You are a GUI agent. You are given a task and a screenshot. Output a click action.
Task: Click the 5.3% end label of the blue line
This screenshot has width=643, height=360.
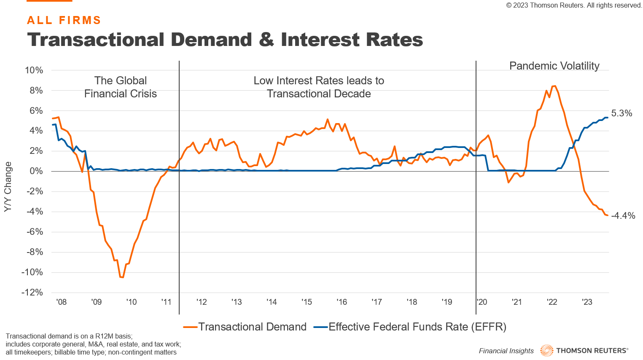(x=621, y=113)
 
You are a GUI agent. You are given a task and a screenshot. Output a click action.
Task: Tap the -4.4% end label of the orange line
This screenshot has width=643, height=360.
(x=623, y=216)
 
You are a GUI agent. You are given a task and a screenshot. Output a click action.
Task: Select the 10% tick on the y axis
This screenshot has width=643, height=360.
(x=34, y=70)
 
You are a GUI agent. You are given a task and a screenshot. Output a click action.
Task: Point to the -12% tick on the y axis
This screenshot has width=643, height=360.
(x=32, y=293)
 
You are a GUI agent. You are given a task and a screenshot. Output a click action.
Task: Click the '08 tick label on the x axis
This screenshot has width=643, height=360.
(x=61, y=302)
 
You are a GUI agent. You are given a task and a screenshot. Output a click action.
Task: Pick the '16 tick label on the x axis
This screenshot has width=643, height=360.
(x=342, y=302)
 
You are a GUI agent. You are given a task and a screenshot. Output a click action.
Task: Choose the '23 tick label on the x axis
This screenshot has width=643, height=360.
(x=587, y=302)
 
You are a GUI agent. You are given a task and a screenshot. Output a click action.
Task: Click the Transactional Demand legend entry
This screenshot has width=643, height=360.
(x=252, y=327)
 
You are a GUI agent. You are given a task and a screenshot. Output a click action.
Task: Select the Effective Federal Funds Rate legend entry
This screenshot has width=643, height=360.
(x=417, y=327)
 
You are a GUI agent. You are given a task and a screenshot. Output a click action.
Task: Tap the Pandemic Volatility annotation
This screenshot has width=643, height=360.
(x=554, y=66)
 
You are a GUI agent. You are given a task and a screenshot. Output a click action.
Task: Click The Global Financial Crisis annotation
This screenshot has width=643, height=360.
(x=121, y=87)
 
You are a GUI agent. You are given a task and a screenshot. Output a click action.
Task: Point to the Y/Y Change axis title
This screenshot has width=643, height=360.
(x=8, y=187)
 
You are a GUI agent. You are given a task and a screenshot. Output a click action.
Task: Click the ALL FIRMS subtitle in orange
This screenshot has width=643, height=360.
(x=64, y=20)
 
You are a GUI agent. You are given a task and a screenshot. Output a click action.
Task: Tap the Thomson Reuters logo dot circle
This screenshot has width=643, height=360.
(x=546, y=351)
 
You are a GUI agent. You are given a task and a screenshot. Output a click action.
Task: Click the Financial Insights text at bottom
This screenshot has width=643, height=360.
(x=506, y=351)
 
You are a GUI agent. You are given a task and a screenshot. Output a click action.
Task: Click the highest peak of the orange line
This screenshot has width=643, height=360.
(x=554, y=86)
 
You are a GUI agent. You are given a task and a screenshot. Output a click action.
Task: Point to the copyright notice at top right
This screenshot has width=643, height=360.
(x=574, y=5)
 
